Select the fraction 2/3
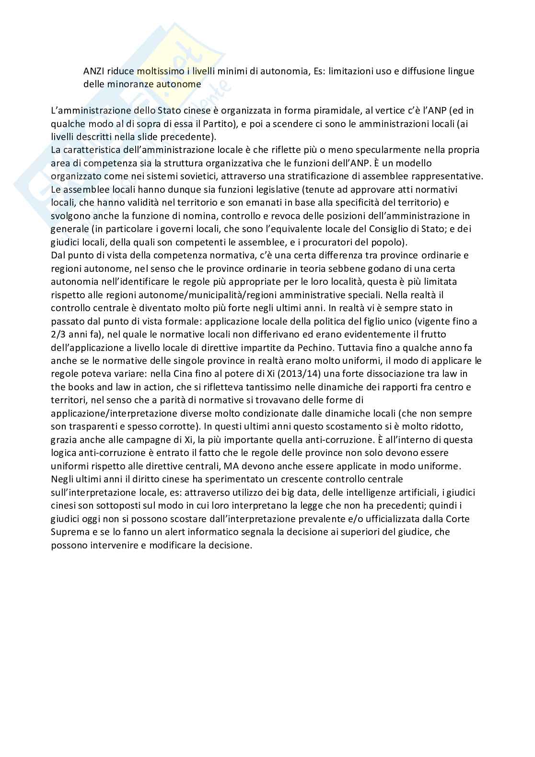pyautogui.click(x=59, y=334)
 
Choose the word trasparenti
pyautogui.click(x=83, y=426)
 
